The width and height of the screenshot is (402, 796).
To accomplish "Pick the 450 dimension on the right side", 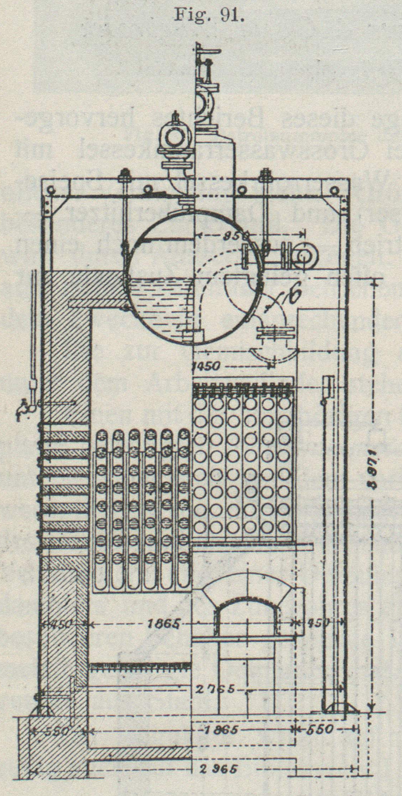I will (319, 623).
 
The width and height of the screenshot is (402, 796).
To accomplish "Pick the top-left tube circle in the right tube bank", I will (200, 403).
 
